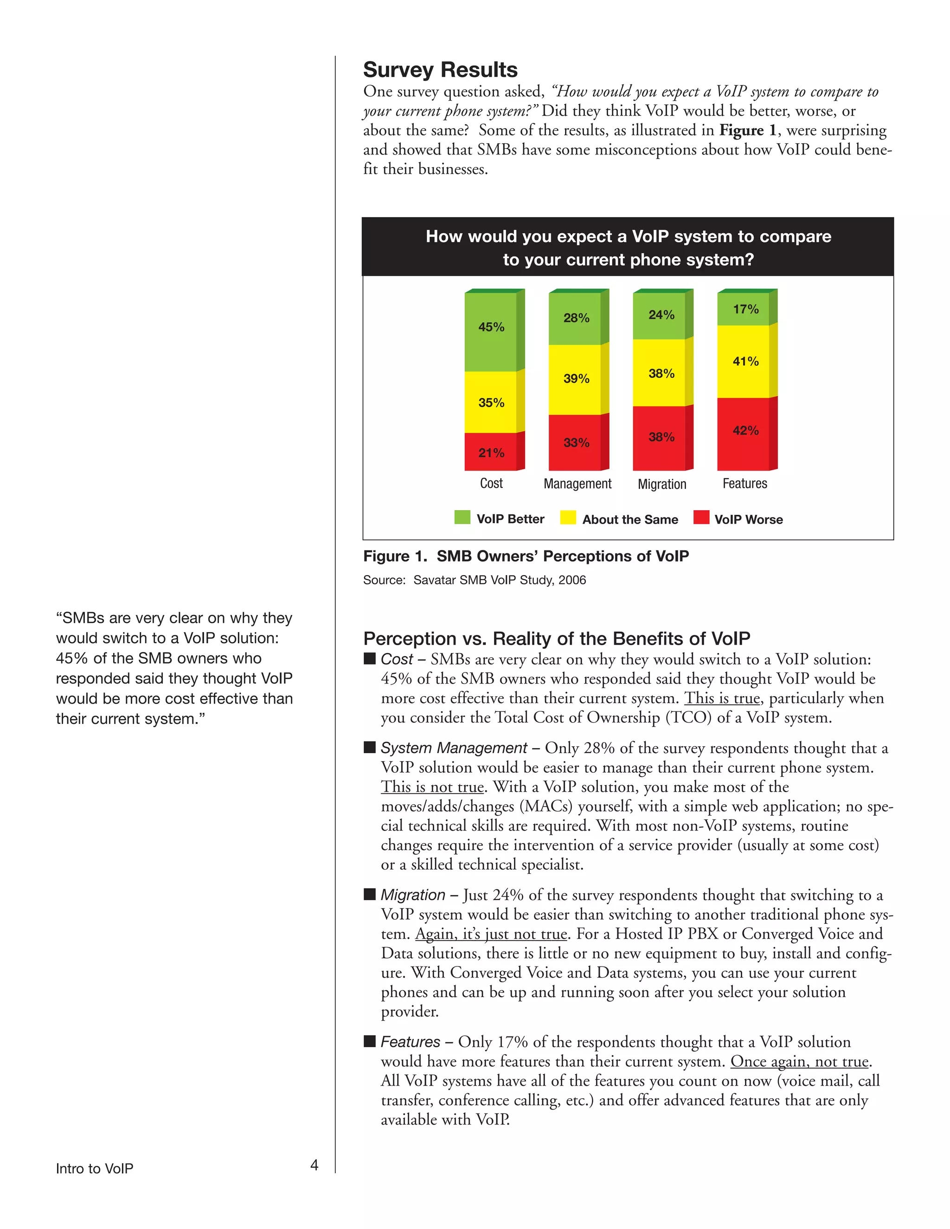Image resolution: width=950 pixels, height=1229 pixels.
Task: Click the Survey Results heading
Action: (440, 70)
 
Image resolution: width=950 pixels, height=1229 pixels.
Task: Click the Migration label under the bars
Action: (662, 484)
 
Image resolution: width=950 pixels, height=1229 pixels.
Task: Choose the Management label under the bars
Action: (577, 483)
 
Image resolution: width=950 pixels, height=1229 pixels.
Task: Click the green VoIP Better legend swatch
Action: (462, 517)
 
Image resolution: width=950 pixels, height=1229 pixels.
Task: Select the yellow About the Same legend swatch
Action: (568, 517)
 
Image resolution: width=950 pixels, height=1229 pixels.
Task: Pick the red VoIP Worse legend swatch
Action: (701, 517)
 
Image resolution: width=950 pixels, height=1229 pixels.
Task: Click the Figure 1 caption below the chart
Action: (526, 556)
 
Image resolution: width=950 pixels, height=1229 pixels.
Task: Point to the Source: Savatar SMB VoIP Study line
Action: (474, 580)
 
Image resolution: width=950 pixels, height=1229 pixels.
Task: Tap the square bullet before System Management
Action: (370, 747)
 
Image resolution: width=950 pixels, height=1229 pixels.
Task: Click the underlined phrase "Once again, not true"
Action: (800, 1061)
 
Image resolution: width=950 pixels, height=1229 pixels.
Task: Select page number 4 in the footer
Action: (314, 1165)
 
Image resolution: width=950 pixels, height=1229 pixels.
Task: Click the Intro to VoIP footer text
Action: (95, 1169)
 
